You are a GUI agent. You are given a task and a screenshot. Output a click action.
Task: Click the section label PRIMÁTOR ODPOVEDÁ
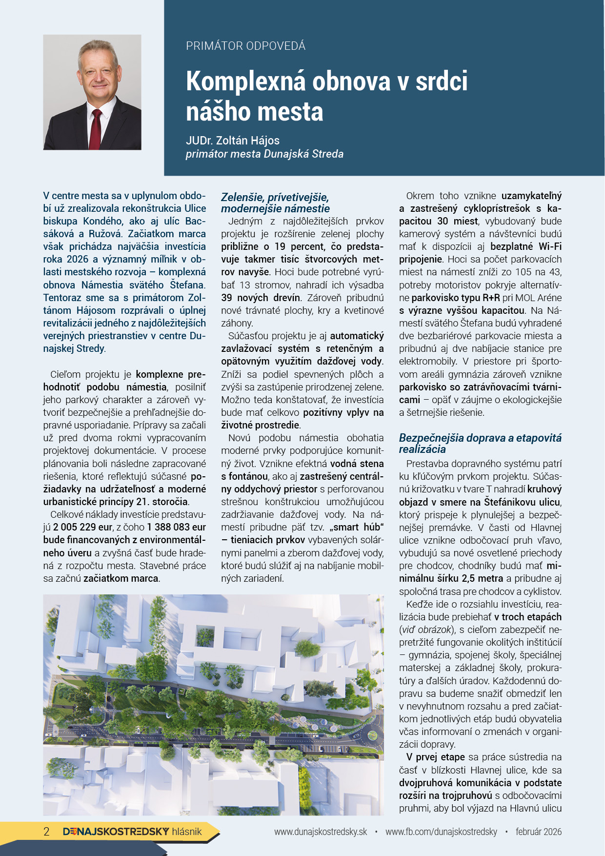click(x=245, y=46)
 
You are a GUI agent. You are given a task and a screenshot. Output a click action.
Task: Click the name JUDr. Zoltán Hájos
click(x=232, y=141)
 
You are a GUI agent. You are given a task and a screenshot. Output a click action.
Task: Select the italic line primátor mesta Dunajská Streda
click(x=264, y=154)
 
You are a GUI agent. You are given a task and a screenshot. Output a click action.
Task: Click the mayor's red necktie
click(x=96, y=129)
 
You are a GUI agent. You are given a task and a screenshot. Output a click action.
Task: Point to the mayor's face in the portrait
click(x=99, y=73)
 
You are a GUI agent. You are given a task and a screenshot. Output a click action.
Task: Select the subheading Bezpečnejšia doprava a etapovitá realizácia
click(x=480, y=443)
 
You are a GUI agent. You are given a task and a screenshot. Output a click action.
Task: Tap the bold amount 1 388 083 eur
click(x=177, y=527)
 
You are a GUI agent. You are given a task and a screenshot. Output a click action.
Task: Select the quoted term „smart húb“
click(x=356, y=527)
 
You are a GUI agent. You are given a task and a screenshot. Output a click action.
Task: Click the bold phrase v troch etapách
click(x=528, y=617)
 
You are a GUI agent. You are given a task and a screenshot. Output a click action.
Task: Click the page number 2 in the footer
click(x=46, y=832)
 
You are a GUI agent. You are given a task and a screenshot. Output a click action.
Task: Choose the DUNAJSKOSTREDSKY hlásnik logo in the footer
click(x=132, y=832)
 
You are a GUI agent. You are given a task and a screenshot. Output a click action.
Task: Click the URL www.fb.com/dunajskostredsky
click(x=441, y=832)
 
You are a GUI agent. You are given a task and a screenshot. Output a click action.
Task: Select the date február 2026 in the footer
click(x=539, y=832)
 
